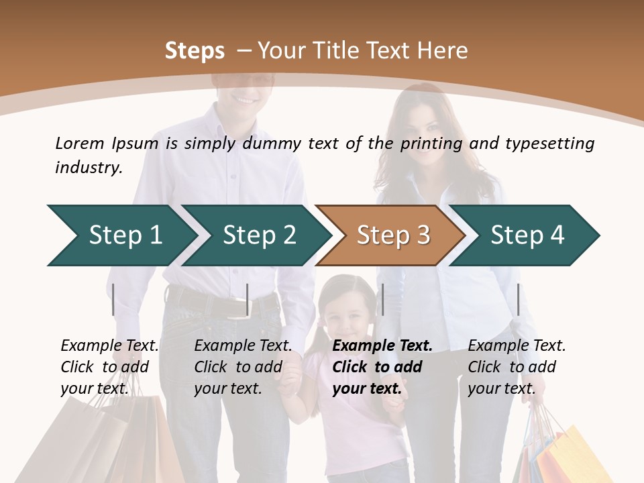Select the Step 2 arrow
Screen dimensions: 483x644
(255, 235)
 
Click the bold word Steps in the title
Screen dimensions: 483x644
(195, 51)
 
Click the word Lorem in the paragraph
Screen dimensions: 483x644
(79, 143)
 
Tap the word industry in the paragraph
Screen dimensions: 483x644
(89, 168)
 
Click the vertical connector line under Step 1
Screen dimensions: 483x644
(113, 299)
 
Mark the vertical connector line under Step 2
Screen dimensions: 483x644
(248, 299)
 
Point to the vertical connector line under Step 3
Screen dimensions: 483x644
(382, 299)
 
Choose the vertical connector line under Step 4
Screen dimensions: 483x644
(518, 299)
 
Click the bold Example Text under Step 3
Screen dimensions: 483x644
(382, 346)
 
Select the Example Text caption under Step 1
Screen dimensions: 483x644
(110, 346)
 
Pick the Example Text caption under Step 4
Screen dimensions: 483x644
(517, 346)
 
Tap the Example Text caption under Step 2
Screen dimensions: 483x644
(244, 346)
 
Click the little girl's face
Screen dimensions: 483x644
(346, 319)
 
